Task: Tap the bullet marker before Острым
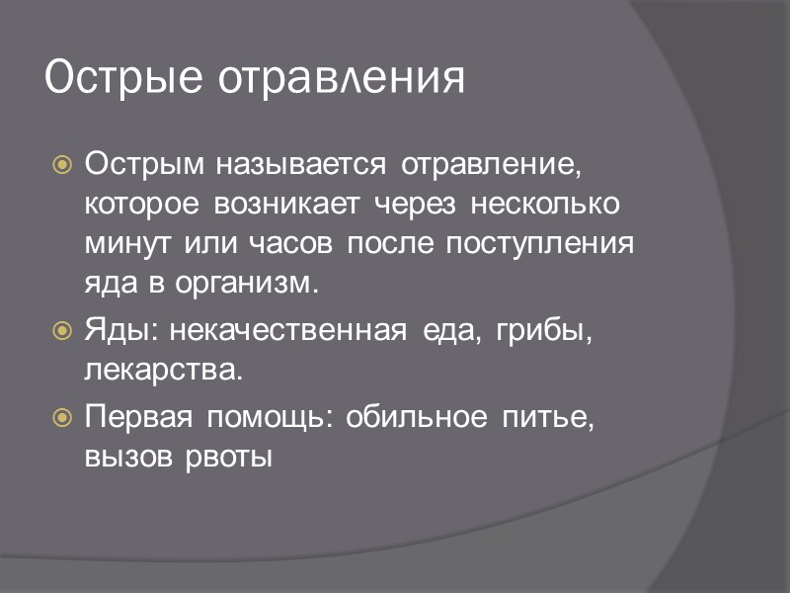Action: [61, 165]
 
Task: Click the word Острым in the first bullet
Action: [139, 164]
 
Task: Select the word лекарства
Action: [162, 372]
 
